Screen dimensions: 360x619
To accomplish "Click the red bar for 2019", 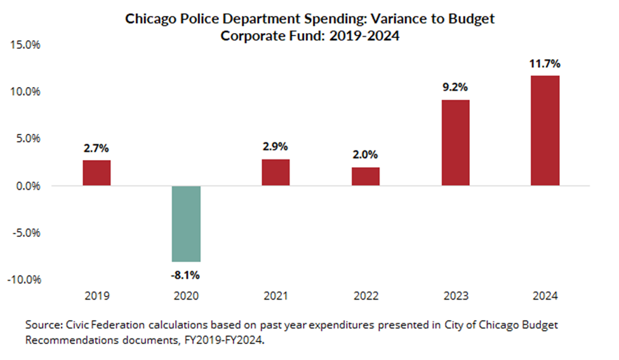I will (x=97, y=173).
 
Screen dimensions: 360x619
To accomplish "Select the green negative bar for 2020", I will (x=186, y=223).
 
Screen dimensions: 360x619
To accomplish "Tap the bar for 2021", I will (x=276, y=172).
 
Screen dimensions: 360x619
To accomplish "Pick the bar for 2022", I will (x=366, y=177).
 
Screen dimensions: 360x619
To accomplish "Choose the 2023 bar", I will (x=455, y=143).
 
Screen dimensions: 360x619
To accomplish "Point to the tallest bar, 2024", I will (x=545, y=131).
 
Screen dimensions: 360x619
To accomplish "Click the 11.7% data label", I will (x=545, y=64).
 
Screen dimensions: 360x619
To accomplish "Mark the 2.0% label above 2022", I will (x=366, y=155).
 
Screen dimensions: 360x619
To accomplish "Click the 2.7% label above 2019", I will (x=97, y=149).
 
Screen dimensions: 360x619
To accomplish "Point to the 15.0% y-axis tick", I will (x=23, y=45).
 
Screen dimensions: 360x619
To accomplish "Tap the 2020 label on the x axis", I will (x=186, y=296).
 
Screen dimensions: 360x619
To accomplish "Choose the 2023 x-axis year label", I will (x=455, y=296).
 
